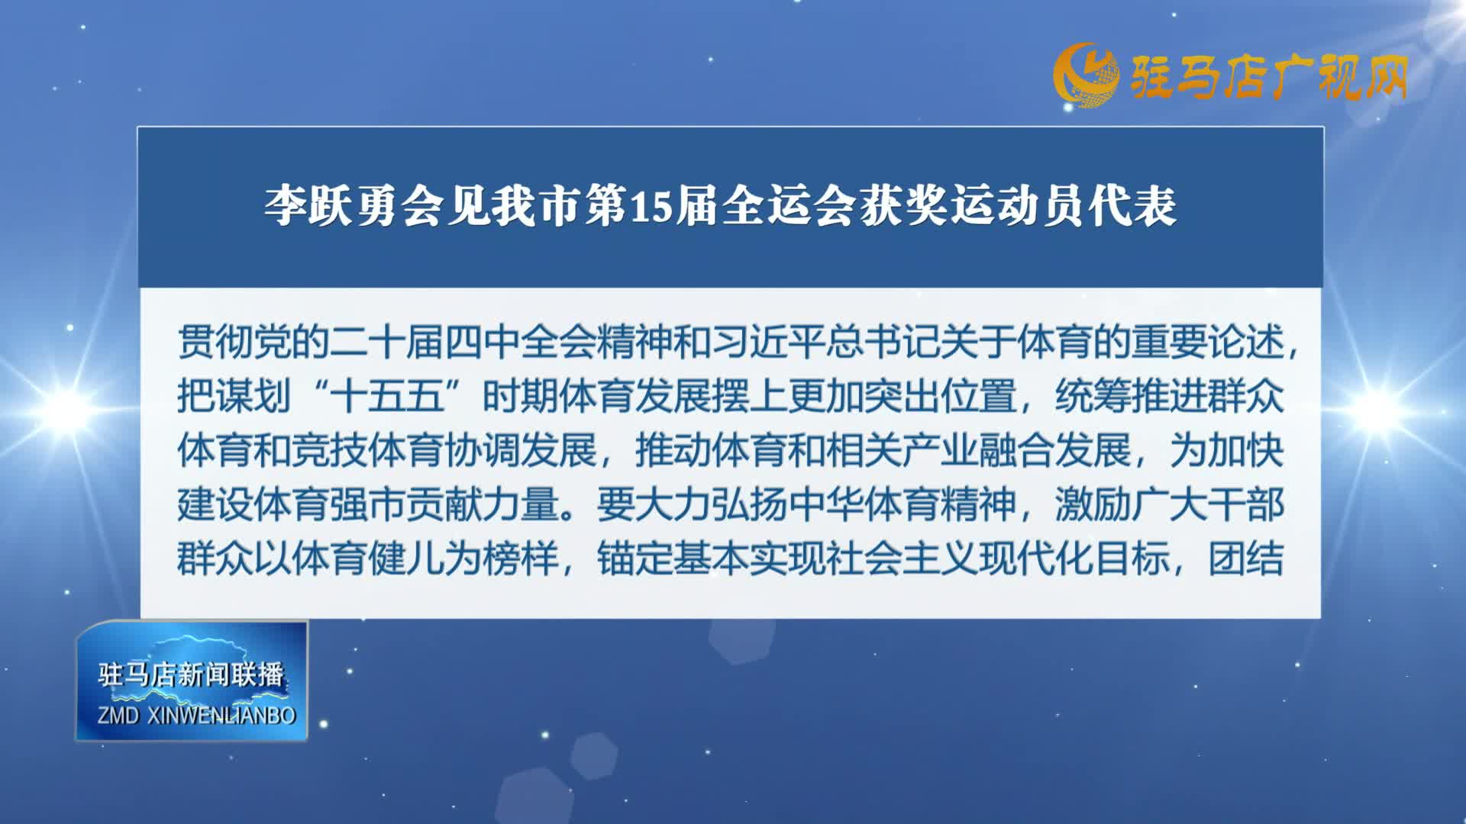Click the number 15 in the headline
point(649,206)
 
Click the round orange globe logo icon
point(1085,75)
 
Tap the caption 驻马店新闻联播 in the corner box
point(191,674)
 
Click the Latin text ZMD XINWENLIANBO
point(196,716)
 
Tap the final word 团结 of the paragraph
point(1245,559)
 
